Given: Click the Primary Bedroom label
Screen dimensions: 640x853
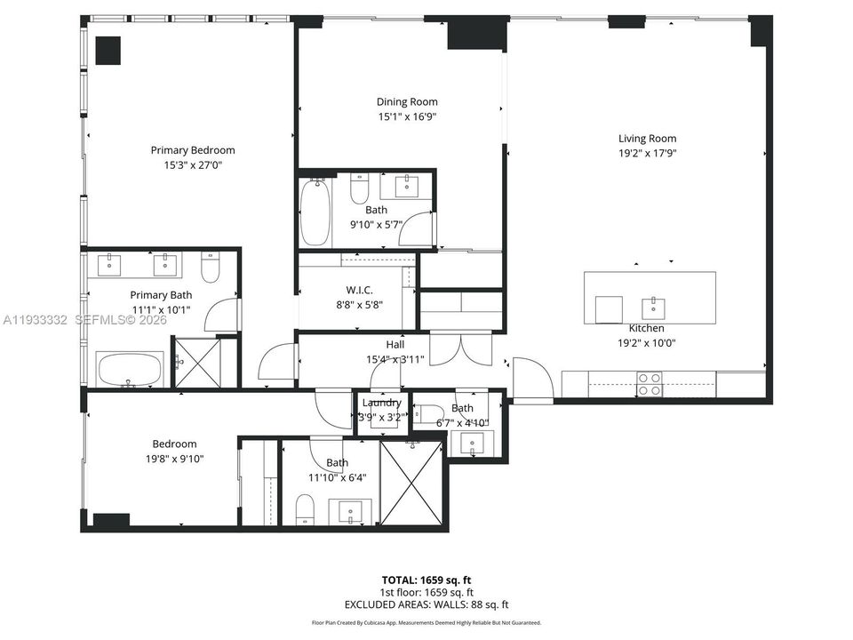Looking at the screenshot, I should (x=193, y=150).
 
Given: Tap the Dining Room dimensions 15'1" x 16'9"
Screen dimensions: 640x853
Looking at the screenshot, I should (x=407, y=116).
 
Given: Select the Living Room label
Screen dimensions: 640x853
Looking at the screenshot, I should (x=647, y=138).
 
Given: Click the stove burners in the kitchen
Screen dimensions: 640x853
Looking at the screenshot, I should (x=649, y=383).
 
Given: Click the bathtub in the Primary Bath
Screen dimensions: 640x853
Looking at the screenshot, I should (x=130, y=369).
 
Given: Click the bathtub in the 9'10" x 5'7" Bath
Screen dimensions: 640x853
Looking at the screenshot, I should (x=315, y=212).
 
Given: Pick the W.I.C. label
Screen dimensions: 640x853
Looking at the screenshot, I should (x=359, y=290).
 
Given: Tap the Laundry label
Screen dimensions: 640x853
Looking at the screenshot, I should (x=381, y=403).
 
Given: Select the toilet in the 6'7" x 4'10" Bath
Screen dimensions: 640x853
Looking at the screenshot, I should (x=431, y=412).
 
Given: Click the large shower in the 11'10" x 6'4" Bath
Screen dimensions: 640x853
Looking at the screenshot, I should (x=411, y=482).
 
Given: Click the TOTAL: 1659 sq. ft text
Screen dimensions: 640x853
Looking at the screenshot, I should (x=426, y=579).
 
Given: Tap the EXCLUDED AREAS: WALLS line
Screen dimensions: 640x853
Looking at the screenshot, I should (x=426, y=605).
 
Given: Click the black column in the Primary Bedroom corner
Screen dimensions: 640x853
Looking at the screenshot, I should (x=108, y=50).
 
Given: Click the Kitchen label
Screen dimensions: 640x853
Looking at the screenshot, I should (x=646, y=328).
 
